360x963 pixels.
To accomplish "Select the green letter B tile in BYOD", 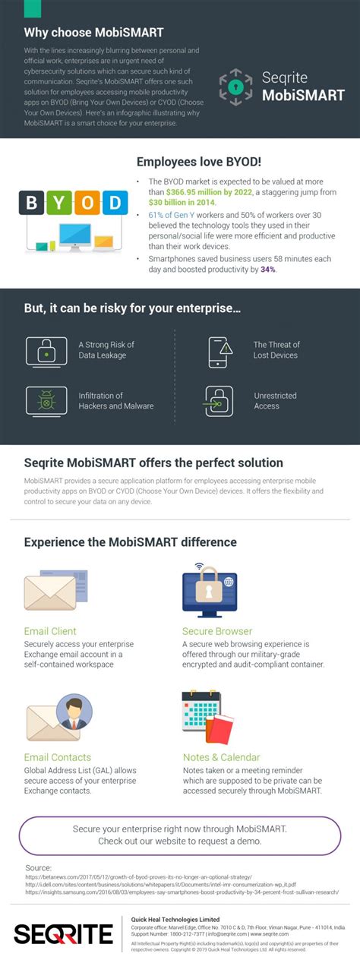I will point(32,203).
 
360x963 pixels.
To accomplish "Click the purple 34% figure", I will point(267,270).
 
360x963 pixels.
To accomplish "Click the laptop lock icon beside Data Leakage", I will point(47,351).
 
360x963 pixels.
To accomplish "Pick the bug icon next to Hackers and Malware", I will point(47,401).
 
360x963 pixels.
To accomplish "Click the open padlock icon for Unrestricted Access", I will point(219,401).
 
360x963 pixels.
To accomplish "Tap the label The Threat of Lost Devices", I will point(276,350).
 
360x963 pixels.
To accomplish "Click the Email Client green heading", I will point(50,631).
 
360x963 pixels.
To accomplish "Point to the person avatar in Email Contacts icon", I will point(74,712).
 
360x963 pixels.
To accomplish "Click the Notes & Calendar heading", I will point(221,757).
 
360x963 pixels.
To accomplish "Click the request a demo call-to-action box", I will point(180,835).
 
